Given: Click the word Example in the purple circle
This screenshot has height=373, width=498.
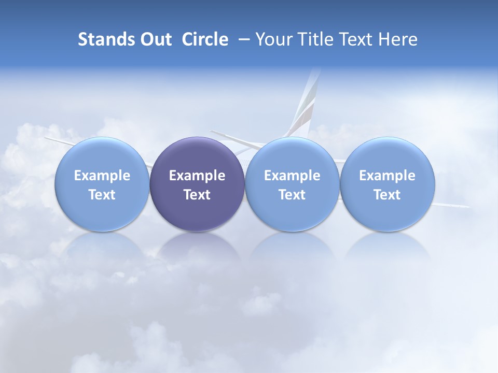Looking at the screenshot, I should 197,176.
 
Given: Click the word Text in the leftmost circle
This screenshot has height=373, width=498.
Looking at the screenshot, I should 102,195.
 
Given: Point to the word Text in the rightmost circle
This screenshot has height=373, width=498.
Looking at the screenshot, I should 388,195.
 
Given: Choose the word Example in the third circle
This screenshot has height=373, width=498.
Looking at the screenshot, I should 292,176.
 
